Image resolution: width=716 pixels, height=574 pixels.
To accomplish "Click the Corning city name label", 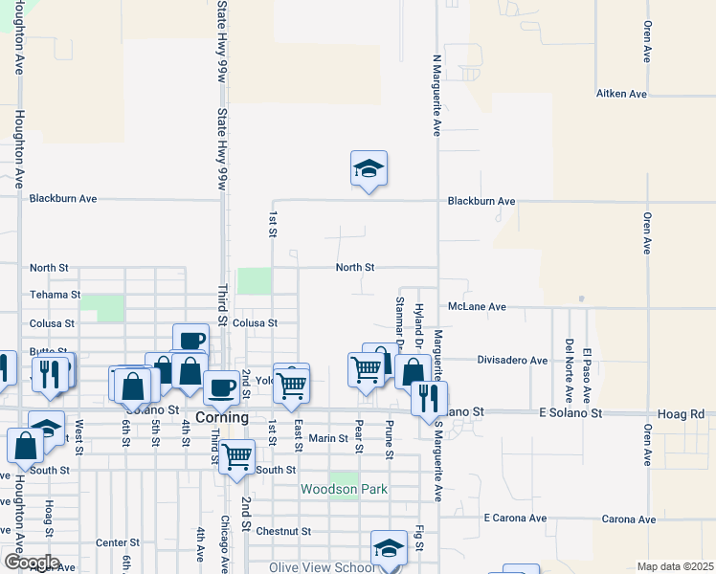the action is (222, 418).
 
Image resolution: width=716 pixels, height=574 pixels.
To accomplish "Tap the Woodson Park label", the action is (344, 489).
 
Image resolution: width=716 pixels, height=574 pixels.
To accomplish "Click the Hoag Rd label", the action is (682, 413).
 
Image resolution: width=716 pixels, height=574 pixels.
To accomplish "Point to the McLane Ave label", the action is (477, 307).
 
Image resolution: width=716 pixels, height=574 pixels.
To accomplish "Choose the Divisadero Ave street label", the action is (512, 361).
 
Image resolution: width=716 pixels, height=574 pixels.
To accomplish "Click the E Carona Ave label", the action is (515, 519).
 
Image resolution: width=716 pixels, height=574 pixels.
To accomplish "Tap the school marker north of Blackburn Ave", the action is (369, 169).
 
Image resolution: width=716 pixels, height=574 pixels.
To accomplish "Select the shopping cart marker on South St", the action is (236, 457).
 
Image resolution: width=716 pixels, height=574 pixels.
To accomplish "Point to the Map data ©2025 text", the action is (675, 566).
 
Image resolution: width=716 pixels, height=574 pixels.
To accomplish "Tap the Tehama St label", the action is (55, 296).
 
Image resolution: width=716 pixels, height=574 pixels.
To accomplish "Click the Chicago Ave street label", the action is (224, 541).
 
